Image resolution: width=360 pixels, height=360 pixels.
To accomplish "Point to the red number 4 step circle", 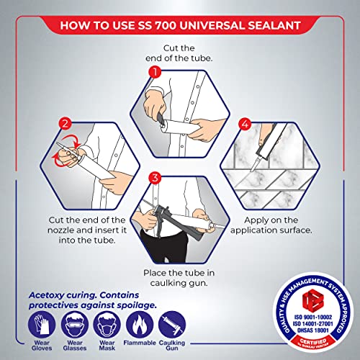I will (x=245, y=125).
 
